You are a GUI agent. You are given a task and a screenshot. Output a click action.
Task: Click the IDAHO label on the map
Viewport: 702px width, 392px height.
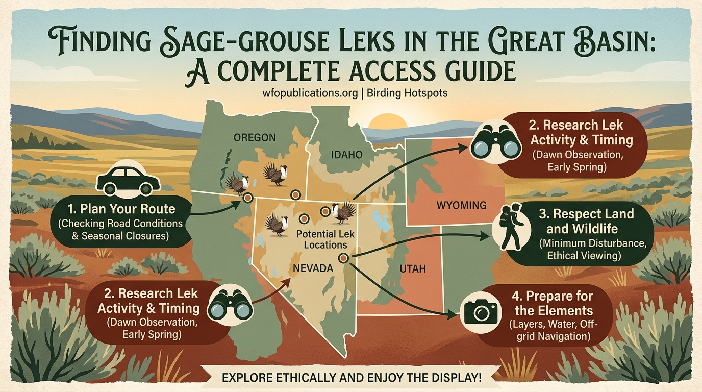pos(346,155)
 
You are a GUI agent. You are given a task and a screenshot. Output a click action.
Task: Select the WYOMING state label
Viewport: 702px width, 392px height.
pos(461,205)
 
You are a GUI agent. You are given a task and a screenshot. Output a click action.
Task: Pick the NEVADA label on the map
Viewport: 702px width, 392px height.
pos(313,268)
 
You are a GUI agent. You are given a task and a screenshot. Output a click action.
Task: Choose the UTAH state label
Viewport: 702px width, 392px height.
pos(413,268)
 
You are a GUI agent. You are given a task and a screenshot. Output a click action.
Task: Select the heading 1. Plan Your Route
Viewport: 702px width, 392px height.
pos(121,209)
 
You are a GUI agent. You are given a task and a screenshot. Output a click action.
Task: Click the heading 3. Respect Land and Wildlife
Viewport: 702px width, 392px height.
pos(586,221)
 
